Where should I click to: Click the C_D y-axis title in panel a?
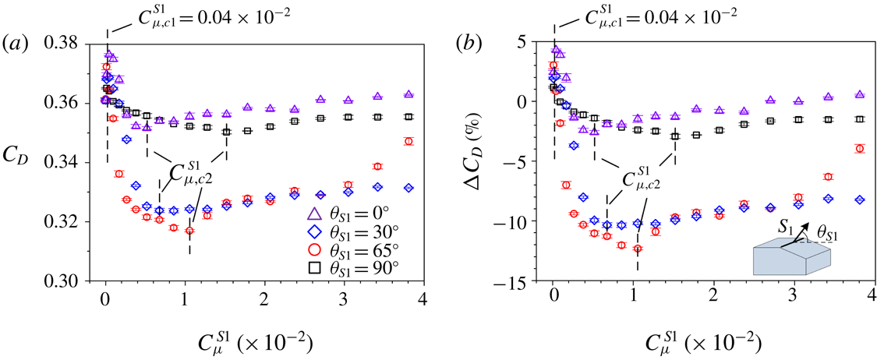pyautogui.click(x=23, y=143)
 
